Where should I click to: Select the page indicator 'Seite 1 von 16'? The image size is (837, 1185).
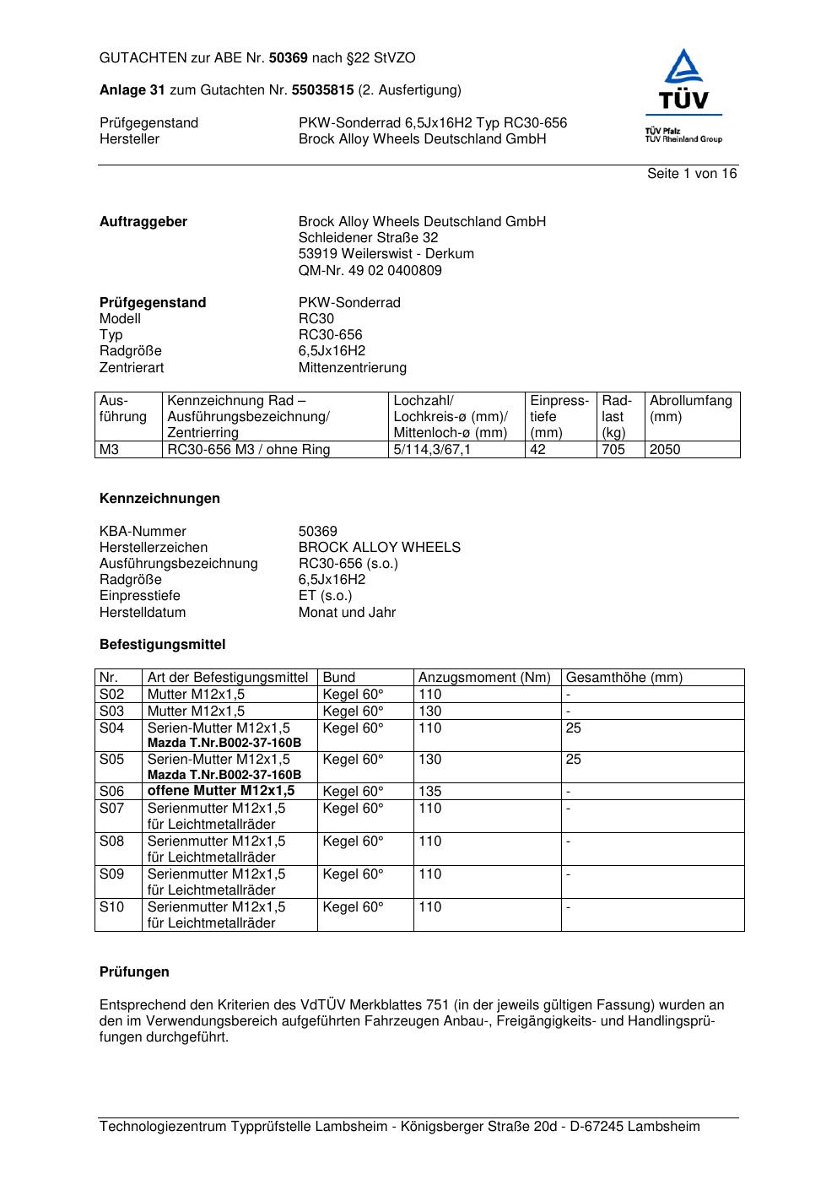point(691,174)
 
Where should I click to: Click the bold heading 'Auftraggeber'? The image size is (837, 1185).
point(143,222)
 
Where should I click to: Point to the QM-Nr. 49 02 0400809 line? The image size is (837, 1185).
point(370,271)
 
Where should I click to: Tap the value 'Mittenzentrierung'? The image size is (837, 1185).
point(352,368)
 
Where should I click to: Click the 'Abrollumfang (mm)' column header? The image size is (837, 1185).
point(690,409)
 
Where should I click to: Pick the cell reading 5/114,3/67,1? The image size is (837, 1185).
point(432,450)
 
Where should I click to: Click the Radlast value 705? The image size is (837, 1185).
point(613,450)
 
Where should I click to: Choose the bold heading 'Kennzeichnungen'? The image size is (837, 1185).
point(159,499)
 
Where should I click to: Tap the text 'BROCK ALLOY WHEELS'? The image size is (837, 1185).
point(379,548)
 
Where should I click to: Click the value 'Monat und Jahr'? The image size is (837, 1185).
point(347,613)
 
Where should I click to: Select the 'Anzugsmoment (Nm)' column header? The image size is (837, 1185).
point(484,678)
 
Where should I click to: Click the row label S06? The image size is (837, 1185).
point(111,792)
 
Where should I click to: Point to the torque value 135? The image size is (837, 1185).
point(429,792)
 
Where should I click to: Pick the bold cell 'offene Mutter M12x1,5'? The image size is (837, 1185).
point(221,791)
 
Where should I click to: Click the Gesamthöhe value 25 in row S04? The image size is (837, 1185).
point(573,728)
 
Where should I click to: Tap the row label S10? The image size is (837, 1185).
point(111,907)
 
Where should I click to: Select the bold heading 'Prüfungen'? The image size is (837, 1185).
point(134,972)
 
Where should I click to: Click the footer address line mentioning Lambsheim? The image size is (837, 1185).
point(399,1127)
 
